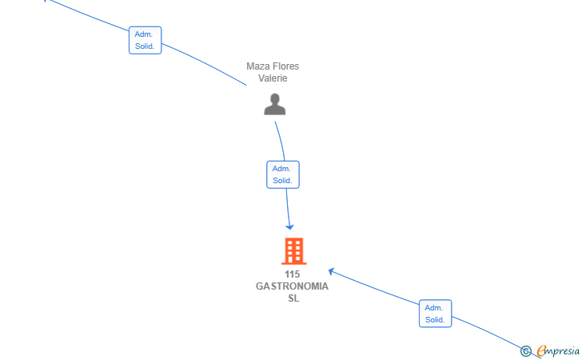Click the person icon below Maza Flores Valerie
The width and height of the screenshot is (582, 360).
click(x=275, y=104)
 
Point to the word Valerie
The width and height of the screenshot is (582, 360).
click(x=273, y=78)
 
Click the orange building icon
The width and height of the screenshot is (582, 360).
click(x=294, y=251)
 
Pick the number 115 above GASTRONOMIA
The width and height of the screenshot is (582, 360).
click(x=292, y=274)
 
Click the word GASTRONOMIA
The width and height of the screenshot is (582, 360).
click(x=292, y=286)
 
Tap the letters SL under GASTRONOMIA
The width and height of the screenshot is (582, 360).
click(x=293, y=298)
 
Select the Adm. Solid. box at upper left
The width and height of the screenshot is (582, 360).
click(x=145, y=40)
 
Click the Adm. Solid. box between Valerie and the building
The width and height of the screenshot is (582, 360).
click(x=283, y=174)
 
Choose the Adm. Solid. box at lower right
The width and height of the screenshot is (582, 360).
click(x=436, y=314)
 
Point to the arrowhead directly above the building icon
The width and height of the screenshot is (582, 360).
click(x=289, y=226)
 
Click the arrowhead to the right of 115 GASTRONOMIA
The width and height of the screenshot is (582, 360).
click(x=331, y=271)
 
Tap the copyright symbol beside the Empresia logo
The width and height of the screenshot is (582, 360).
click(x=525, y=351)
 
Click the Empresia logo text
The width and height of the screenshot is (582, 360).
click(x=558, y=351)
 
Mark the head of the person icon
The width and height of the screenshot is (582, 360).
click(x=275, y=99)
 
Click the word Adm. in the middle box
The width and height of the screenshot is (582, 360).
click(x=281, y=169)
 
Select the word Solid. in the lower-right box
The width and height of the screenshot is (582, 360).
click(x=435, y=319)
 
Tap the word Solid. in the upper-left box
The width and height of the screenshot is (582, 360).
click(x=145, y=46)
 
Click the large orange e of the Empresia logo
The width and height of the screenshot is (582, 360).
click(x=542, y=350)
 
